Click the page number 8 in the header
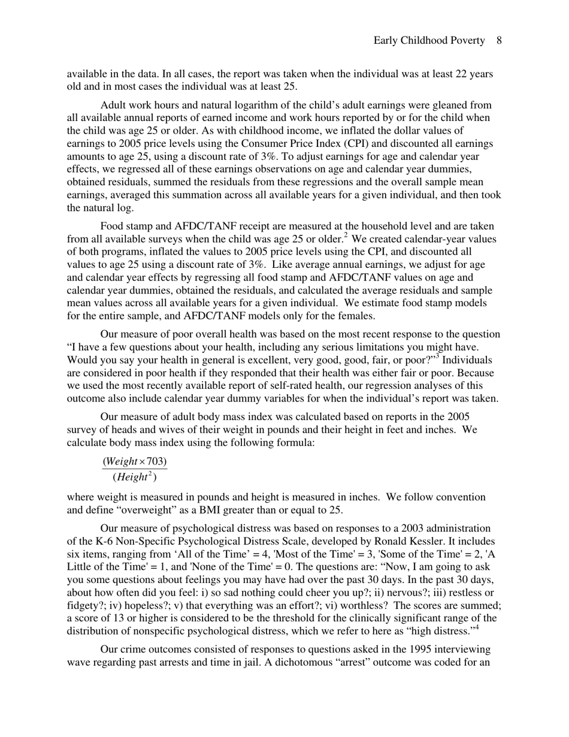click(498, 41)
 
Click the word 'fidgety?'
click(84, 605)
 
